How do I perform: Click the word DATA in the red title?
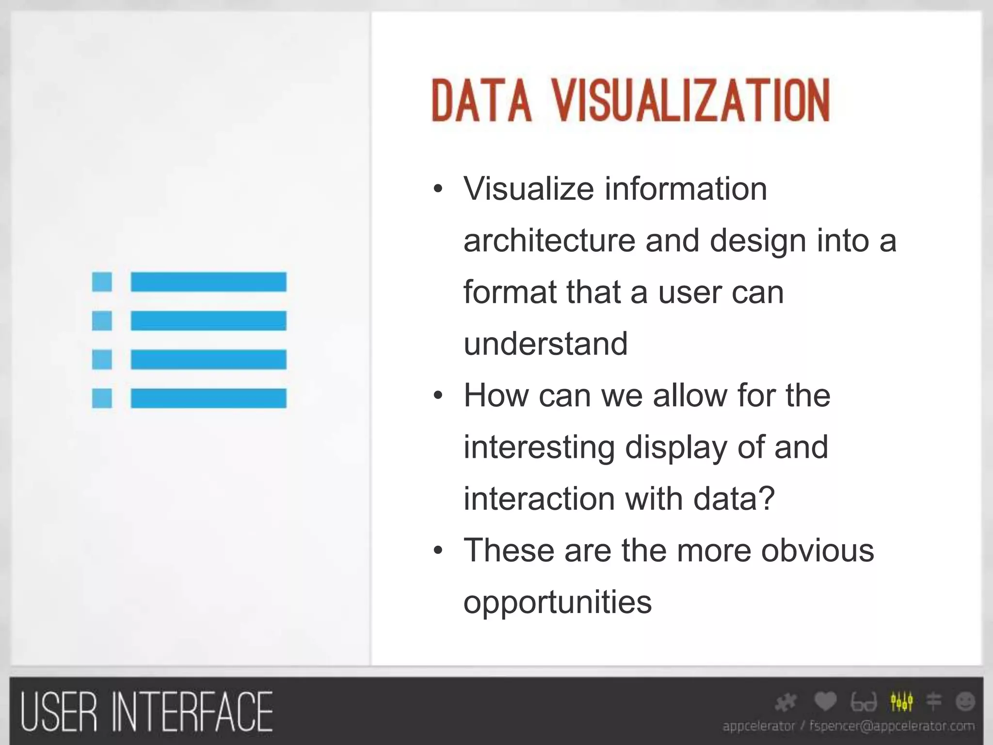481,101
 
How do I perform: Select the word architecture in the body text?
549,241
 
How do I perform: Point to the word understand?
545,343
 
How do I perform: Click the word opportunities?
558,602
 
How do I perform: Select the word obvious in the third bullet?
817,551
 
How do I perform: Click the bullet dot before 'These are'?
438,551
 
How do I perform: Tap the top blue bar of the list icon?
208,282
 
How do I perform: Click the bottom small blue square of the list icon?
102,398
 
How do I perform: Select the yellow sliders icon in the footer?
901,701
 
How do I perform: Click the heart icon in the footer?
825,701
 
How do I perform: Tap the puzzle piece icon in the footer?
786,702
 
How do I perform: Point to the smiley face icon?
965,701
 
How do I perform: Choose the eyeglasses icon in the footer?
864,702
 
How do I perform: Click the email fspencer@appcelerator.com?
892,726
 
